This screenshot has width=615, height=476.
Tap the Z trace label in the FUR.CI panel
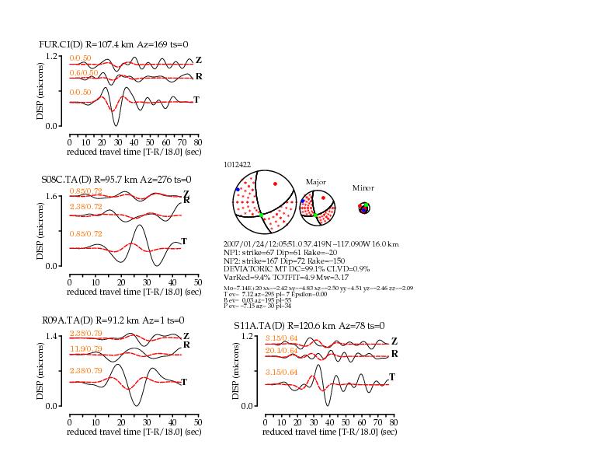tap(199, 60)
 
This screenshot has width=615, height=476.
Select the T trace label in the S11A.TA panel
tap(392, 377)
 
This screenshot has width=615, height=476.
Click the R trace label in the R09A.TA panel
tap(186, 345)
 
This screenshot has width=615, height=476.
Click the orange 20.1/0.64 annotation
tap(282, 350)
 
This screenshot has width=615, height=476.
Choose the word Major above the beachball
tap(315, 181)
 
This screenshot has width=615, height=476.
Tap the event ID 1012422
tap(236, 166)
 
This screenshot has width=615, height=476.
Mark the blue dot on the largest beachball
tap(238, 189)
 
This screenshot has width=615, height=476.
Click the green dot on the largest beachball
tap(262, 215)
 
